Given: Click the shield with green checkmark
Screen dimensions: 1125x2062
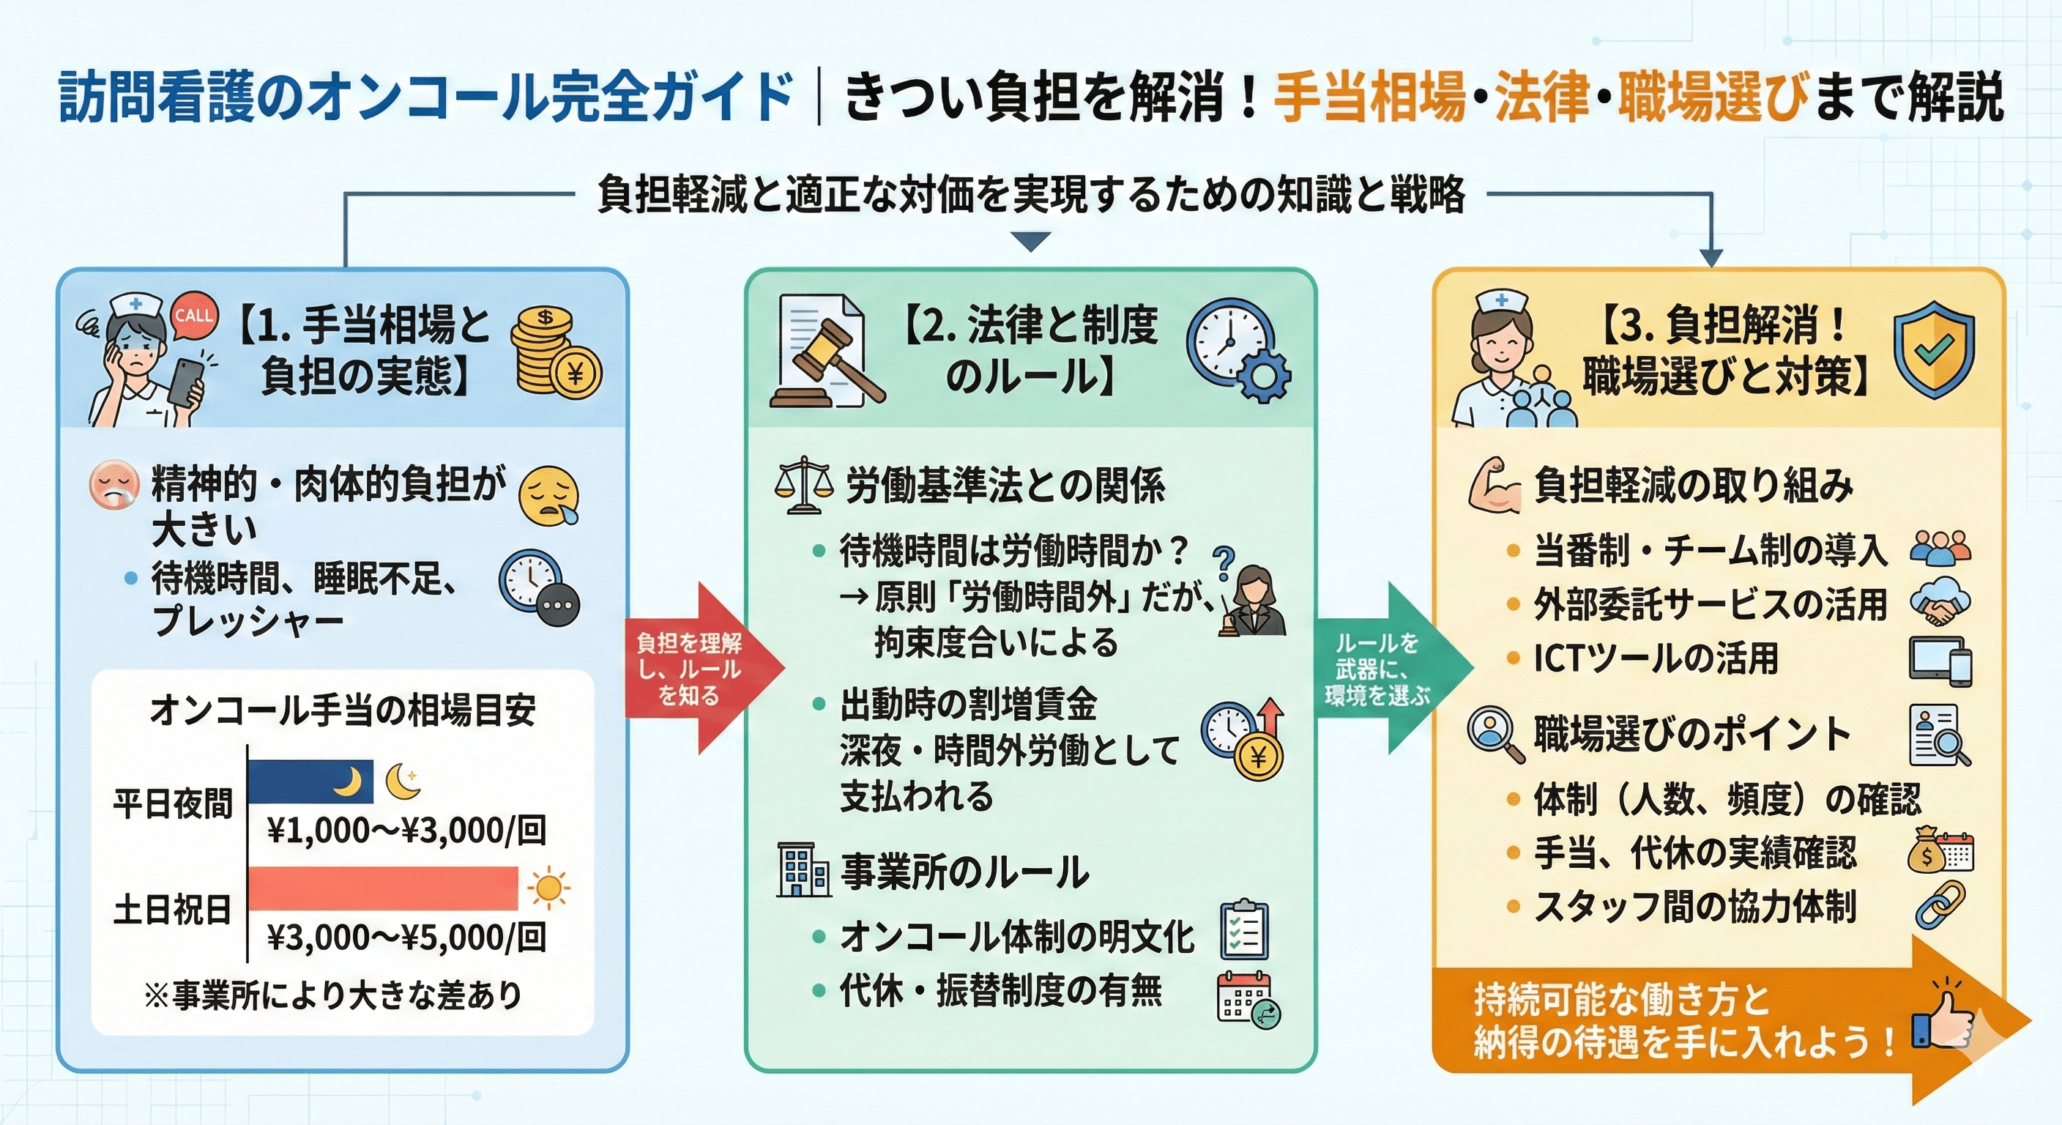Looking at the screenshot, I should (1933, 350).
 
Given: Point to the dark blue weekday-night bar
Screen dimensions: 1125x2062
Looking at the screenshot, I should (310, 781).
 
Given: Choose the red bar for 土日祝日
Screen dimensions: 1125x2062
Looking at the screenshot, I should (383, 888).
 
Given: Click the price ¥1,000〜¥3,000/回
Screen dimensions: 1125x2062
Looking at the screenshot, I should (406, 831).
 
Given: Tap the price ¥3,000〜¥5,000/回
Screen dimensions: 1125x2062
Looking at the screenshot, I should (406, 937).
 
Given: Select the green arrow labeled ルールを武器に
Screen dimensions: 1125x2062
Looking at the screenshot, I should (1385, 669).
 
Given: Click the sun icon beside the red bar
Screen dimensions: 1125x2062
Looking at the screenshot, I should (548, 888).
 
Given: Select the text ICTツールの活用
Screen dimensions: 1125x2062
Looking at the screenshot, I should (1656, 658).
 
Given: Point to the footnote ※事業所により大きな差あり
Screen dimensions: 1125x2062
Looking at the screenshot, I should (333, 995).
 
